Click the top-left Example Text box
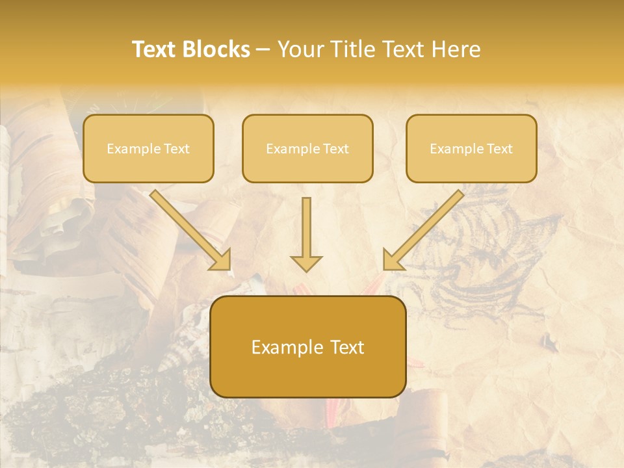(x=148, y=148)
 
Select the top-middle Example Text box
(x=307, y=148)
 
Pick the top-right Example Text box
(x=471, y=148)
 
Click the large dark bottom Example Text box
(x=308, y=346)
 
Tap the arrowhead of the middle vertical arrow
(x=306, y=263)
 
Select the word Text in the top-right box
(x=499, y=149)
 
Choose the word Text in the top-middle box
(x=335, y=149)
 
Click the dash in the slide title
(x=263, y=49)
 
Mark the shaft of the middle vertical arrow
(x=306, y=224)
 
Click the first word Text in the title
(x=155, y=49)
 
